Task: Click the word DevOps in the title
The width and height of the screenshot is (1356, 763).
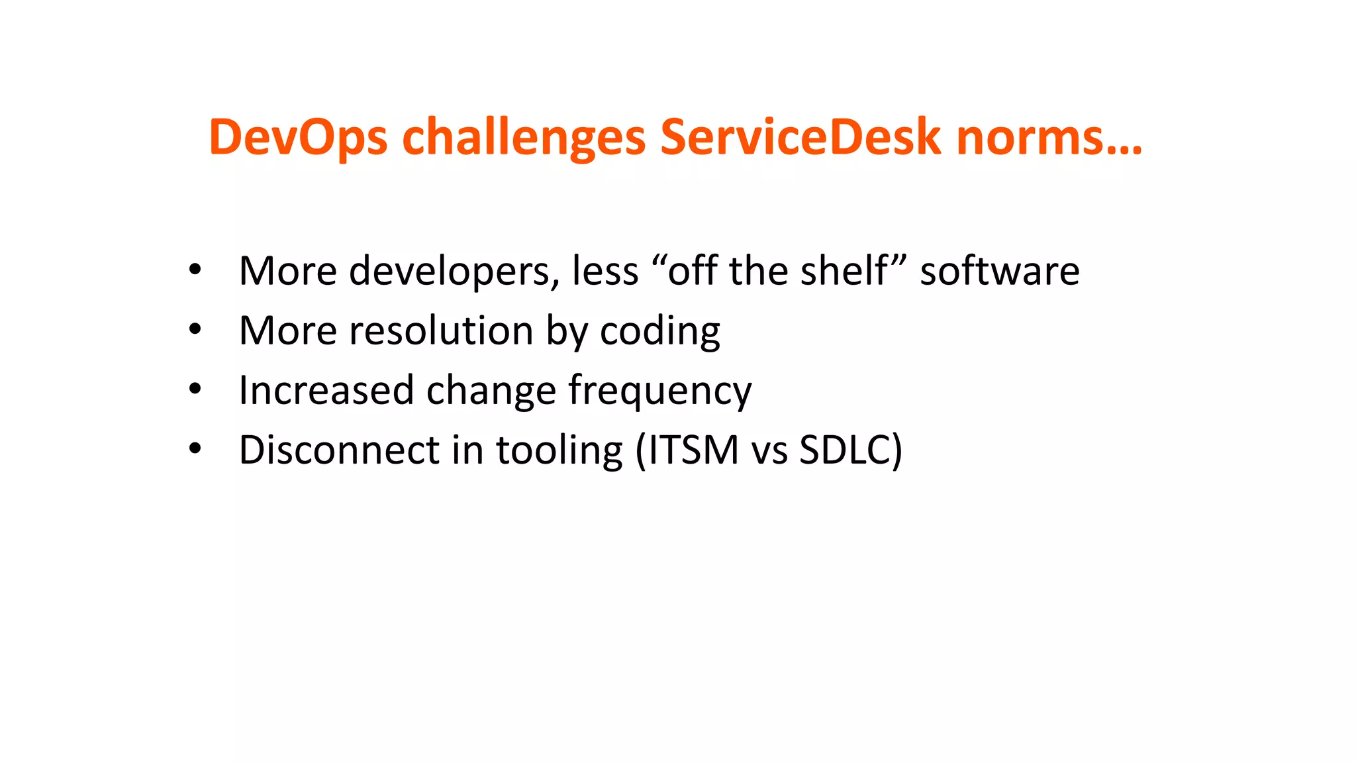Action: [297, 137]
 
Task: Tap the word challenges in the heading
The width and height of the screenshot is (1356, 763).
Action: [524, 137]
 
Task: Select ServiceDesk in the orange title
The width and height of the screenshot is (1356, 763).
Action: [800, 137]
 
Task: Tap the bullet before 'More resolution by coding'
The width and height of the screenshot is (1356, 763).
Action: [194, 329]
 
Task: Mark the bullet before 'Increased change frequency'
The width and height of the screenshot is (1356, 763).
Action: [194, 389]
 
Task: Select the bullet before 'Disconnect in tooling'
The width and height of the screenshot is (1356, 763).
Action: [194, 449]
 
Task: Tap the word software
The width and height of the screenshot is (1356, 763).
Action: [1000, 271]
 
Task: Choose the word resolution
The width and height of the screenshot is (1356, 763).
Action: [441, 331]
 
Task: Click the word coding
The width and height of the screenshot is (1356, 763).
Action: [659, 331]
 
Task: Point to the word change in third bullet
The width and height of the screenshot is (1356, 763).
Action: [491, 390]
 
